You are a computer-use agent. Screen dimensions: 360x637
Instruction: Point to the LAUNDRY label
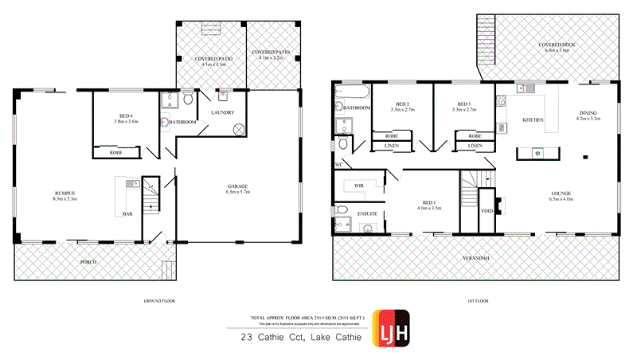[x=221, y=112]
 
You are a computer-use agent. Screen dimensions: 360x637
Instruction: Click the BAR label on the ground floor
[x=127, y=213]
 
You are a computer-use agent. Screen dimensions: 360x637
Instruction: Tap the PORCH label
[x=88, y=261]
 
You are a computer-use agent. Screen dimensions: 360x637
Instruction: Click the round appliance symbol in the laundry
[x=238, y=131]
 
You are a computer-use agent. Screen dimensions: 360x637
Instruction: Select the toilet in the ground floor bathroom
[x=186, y=100]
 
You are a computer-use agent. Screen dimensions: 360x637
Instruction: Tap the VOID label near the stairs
[x=487, y=210]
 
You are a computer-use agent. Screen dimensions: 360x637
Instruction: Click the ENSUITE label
[x=347, y=213]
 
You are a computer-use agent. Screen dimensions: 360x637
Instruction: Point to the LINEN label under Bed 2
[x=392, y=146]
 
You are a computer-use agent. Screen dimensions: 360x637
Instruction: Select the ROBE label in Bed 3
[x=463, y=136]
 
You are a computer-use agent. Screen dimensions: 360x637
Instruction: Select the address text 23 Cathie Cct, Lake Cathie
[x=300, y=338]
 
